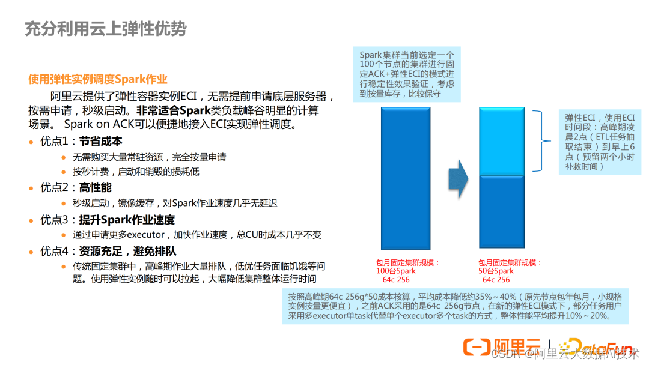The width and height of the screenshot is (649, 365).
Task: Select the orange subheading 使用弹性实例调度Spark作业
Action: (x=97, y=79)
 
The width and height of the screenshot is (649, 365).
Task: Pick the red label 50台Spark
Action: (x=496, y=271)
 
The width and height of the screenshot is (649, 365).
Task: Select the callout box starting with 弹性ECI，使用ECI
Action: (x=600, y=142)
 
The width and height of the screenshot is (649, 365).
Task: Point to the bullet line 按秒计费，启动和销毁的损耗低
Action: (x=136, y=172)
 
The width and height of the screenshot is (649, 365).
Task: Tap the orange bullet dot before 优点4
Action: (x=32, y=252)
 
